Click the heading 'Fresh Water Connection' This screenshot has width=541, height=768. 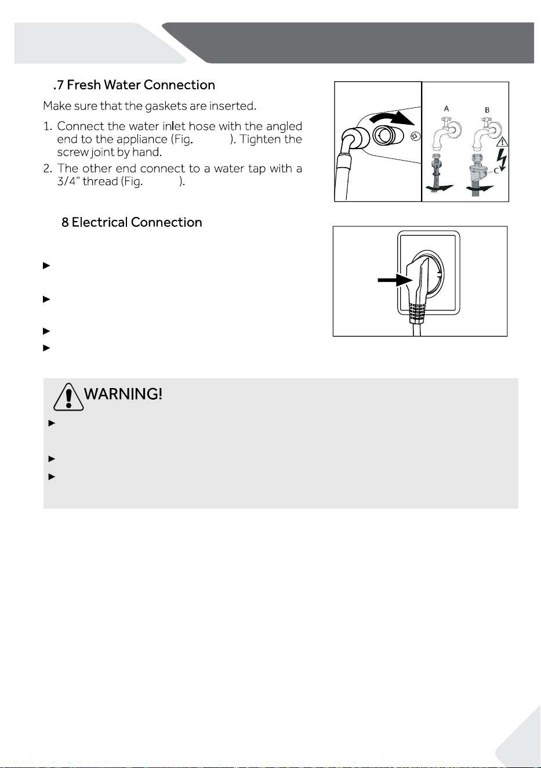pos(141,85)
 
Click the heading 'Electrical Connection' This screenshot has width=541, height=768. pos(137,223)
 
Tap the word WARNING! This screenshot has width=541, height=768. pos(123,394)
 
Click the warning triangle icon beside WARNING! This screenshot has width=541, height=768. pos(68,397)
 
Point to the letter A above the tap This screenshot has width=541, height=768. pos(446,108)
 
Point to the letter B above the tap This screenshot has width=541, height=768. pos(487,110)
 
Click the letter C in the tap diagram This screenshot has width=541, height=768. pos(496,171)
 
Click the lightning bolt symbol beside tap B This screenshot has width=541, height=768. pos(502,160)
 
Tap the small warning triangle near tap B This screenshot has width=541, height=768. pos(503,142)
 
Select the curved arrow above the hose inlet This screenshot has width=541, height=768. pos(393,118)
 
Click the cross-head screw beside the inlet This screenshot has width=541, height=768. pos(415,136)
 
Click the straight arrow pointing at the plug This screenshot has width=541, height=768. pos(395,280)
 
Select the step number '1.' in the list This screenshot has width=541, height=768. pos(48,126)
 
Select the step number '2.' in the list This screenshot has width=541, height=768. pos(48,168)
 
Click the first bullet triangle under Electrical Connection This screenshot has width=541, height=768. pos(46,266)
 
